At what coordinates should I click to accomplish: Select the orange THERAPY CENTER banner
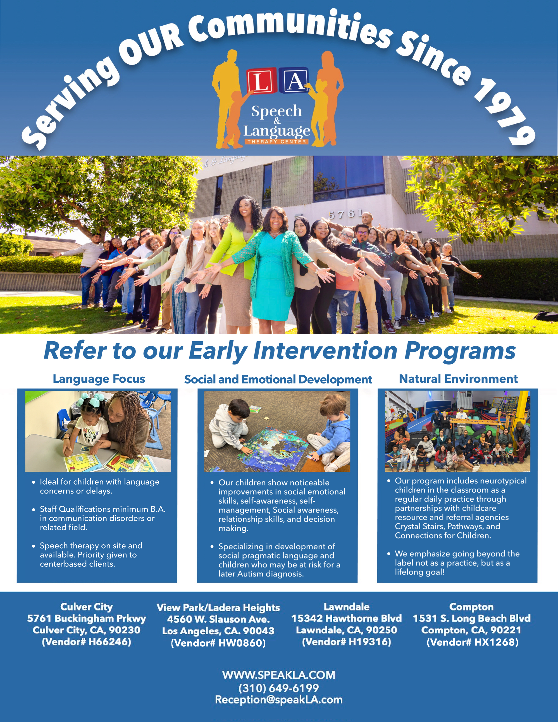tap(277, 142)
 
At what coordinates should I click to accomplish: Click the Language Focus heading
tap(99, 379)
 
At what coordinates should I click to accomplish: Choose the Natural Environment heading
tap(458, 379)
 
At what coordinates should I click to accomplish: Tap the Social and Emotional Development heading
tap(278, 380)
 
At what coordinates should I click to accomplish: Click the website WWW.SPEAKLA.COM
tap(279, 675)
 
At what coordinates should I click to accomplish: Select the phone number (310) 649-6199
tap(279, 688)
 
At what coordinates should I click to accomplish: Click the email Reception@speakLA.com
tap(279, 700)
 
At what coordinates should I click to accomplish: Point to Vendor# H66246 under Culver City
tap(86, 642)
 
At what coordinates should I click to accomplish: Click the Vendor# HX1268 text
tap(472, 642)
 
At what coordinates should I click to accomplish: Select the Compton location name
tap(471, 607)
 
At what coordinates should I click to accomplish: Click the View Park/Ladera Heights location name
tap(218, 607)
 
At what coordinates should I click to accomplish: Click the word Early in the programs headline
tap(218, 351)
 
